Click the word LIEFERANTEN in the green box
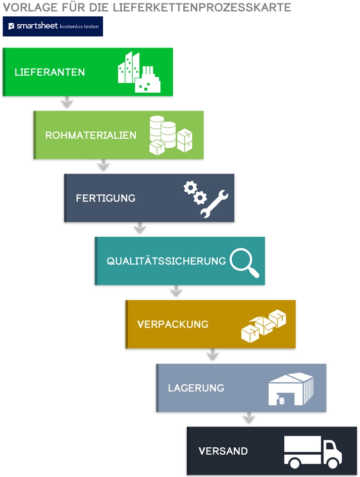[50, 72]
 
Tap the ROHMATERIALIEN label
[91, 135]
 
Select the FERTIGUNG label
[105, 198]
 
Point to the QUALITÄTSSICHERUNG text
[166, 261]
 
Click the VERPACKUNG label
[173, 324]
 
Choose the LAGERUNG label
[196, 388]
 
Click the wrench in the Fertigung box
[214, 203]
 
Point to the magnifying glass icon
[244, 263]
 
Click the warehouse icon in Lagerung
[291, 389]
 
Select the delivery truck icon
[312, 452]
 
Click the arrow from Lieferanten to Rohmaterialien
[67, 103]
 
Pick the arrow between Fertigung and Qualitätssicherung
[140, 229]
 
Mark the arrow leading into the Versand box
[249, 419]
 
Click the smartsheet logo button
[53, 26]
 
